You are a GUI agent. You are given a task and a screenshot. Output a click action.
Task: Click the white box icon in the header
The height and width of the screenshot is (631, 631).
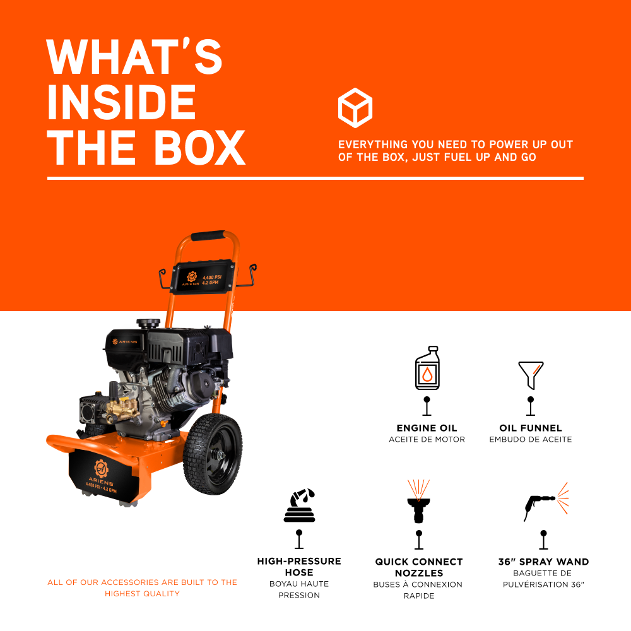click(355, 108)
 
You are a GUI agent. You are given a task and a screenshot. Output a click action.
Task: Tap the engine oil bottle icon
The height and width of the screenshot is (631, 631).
click(427, 369)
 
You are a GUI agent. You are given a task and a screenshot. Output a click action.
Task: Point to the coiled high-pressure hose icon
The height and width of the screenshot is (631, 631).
click(299, 506)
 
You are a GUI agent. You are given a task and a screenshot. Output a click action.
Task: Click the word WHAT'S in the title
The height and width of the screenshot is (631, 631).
click(134, 57)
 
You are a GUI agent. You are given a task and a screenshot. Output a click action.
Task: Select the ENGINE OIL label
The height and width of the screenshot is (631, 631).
click(427, 428)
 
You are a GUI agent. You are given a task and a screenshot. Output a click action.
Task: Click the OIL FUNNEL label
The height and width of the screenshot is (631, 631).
click(531, 428)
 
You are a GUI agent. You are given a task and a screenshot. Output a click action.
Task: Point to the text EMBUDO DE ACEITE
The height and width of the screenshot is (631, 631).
click(531, 439)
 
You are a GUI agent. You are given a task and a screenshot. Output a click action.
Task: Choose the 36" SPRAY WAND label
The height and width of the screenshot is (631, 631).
click(543, 562)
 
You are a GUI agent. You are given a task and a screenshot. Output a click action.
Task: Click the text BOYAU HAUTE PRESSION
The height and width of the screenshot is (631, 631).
click(299, 589)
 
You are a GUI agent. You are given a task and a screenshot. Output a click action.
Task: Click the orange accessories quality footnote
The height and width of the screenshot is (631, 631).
click(143, 587)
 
